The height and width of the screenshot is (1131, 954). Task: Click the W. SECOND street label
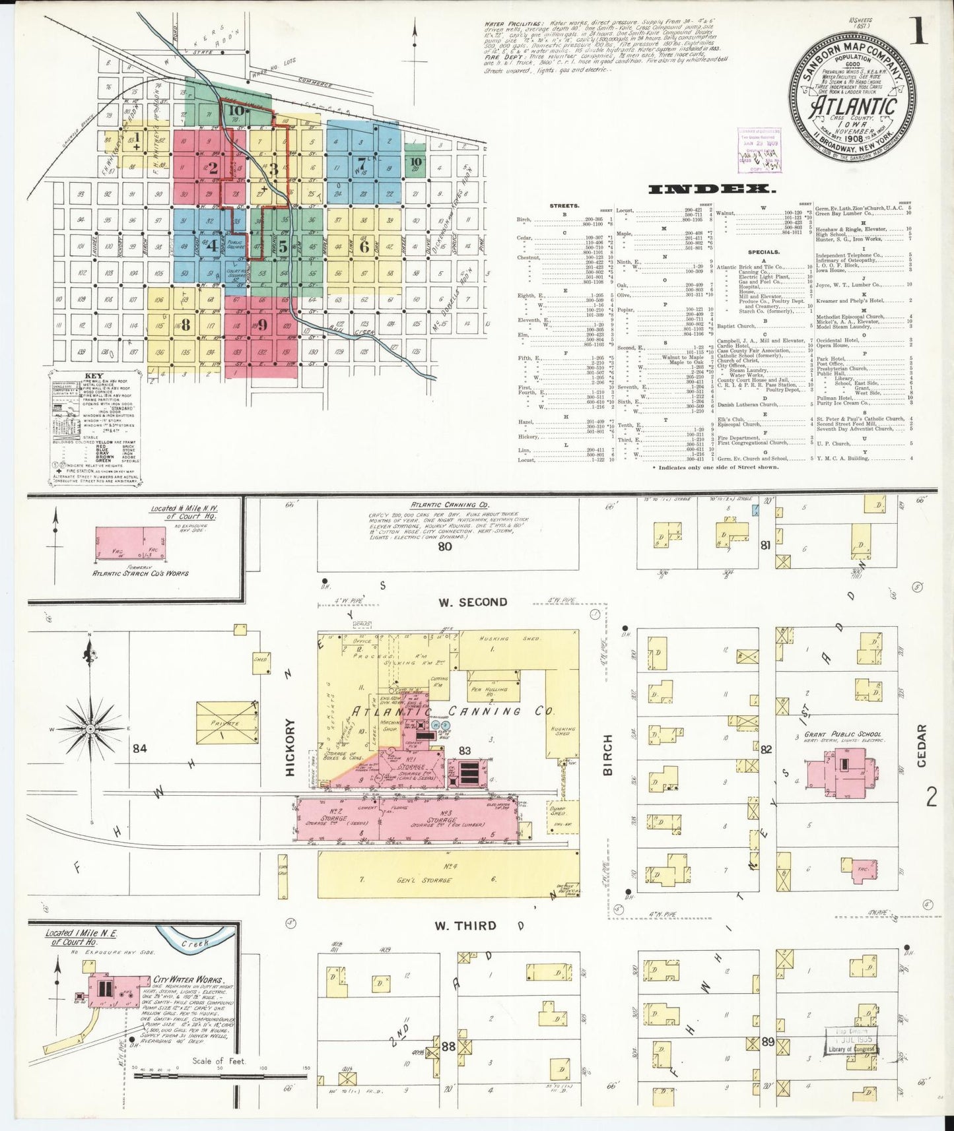point(473,602)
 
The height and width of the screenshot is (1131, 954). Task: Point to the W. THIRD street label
point(465,926)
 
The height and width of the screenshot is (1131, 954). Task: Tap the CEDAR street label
point(922,745)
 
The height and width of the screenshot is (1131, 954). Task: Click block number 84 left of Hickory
point(139,748)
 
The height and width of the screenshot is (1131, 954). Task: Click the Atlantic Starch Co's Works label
point(140,573)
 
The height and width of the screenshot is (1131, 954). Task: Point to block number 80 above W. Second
point(445,546)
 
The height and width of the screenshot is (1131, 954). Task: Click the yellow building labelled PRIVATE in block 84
point(224,723)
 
